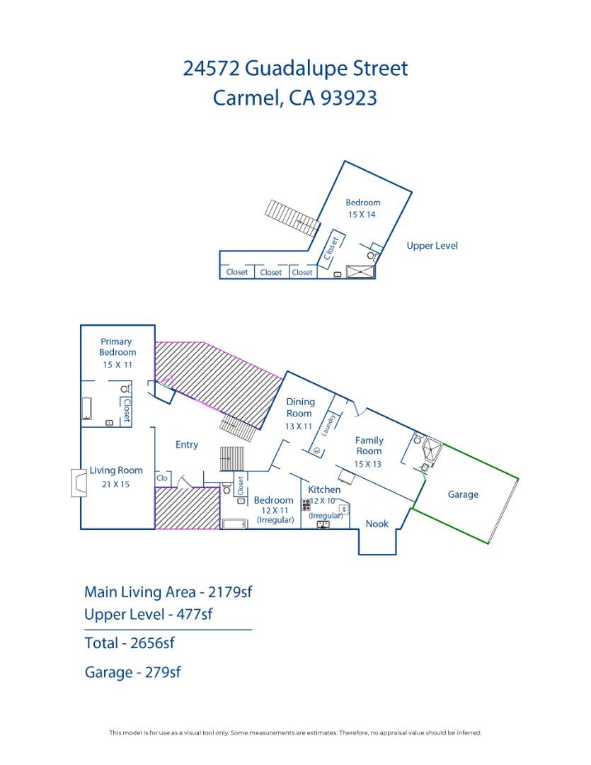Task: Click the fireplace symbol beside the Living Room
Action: click(x=78, y=482)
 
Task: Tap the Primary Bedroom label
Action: click(x=117, y=346)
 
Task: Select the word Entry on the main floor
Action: click(x=187, y=445)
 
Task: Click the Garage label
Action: click(x=463, y=494)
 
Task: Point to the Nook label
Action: click(x=377, y=523)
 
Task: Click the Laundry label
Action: click(x=328, y=424)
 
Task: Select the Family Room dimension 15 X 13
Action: click(x=368, y=464)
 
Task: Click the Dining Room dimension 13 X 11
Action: click(x=299, y=426)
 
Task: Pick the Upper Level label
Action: click(x=432, y=246)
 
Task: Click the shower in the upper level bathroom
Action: click(x=360, y=272)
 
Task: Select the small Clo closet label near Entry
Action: click(x=162, y=478)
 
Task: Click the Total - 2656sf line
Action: click(x=130, y=643)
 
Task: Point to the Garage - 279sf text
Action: click(x=132, y=672)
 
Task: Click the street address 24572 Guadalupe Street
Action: click(x=295, y=69)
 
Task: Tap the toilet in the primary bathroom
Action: click(x=125, y=389)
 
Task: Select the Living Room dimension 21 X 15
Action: click(x=116, y=484)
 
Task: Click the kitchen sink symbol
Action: click(x=323, y=524)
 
